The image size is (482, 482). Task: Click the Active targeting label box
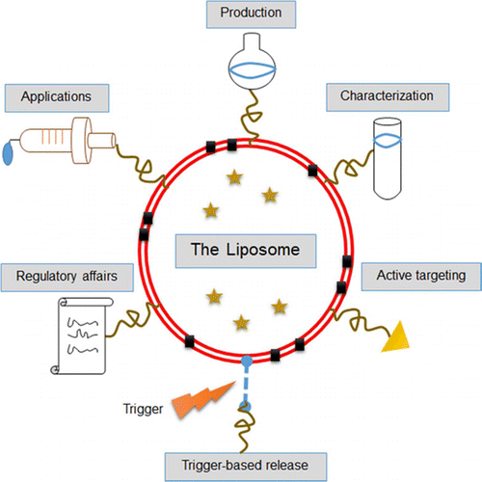pos(419,276)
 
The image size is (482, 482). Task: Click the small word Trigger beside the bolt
pos(141,407)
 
